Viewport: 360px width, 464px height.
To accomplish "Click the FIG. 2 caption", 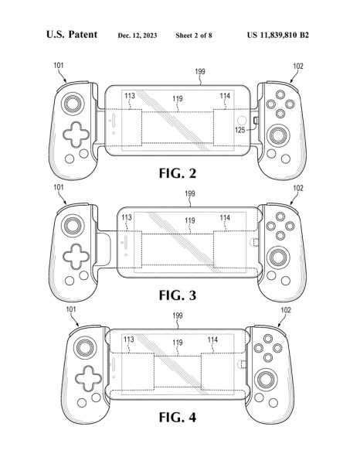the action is (x=178, y=173).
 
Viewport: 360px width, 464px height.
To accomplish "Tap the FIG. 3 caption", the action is (x=178, y=295).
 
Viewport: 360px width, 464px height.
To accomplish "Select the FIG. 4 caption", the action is (x=178, y=418).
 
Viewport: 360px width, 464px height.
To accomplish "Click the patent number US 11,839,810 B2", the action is (x=278, y=36).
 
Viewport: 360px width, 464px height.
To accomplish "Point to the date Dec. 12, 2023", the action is (x=138, y=36).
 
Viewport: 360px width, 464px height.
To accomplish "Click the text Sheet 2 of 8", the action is (x=194, y=36).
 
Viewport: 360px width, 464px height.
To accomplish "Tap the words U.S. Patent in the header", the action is (x=72, y=34).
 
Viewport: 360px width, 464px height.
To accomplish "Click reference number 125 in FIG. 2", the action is (x=239, y=130).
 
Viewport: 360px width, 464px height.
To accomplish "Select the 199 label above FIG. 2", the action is (x=200, y=72).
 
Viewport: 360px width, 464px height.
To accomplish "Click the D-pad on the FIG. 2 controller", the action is (x=76, y=135).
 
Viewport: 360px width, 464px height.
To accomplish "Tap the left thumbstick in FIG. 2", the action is (x=73, y=104).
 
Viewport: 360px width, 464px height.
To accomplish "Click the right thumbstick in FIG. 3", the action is (x=278, y=258).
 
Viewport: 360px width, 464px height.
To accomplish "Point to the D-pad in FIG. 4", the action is (x=88, y=378).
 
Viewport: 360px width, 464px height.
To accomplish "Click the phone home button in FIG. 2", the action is (x=242, y=121).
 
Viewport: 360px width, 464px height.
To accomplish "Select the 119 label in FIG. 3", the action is (x=190, y=220).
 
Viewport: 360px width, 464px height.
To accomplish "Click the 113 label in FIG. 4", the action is (x=129, y=339).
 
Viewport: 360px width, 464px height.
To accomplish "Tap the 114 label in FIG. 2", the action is (x=225, y=96).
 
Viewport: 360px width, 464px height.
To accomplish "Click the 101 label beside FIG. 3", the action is (x=59, y=187).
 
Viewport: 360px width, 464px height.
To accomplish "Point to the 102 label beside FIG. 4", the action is (x=286, y=310).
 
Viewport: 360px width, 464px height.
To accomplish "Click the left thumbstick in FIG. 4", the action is (x=85, y=347).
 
